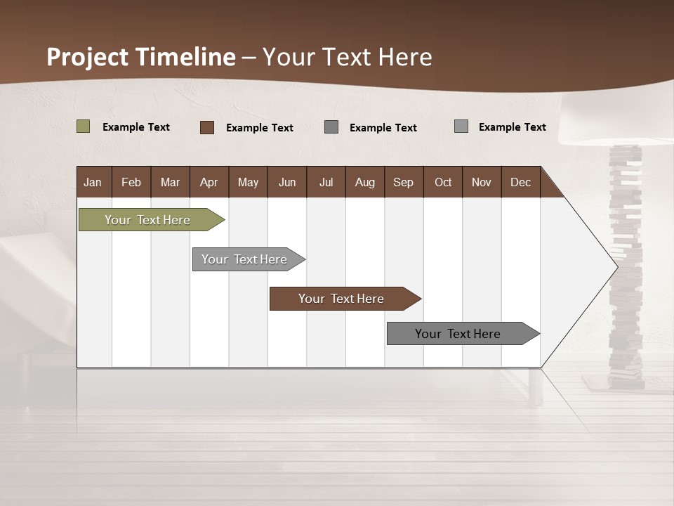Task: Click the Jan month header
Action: (x=93, y=182)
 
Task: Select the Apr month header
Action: (x=209, y=182)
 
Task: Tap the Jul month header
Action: (x=326, y=182)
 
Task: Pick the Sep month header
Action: (x=403, y=182)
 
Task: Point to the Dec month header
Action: (x=520, y=182)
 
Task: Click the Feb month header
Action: (x=131, y=182)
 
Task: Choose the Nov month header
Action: (x=482, y=182)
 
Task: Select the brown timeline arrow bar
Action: (x=342, y=299)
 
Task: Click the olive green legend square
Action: (x=83, y=126)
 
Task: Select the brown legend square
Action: (x=206, y=127)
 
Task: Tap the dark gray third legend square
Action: (x=331, y=127)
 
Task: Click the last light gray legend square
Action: (x=461, y=126)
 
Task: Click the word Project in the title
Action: (x=87, y=57)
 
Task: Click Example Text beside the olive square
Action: (x=136, y=127)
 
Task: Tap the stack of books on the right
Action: (x=625, y=267)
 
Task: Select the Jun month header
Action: (x=287, y=182)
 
